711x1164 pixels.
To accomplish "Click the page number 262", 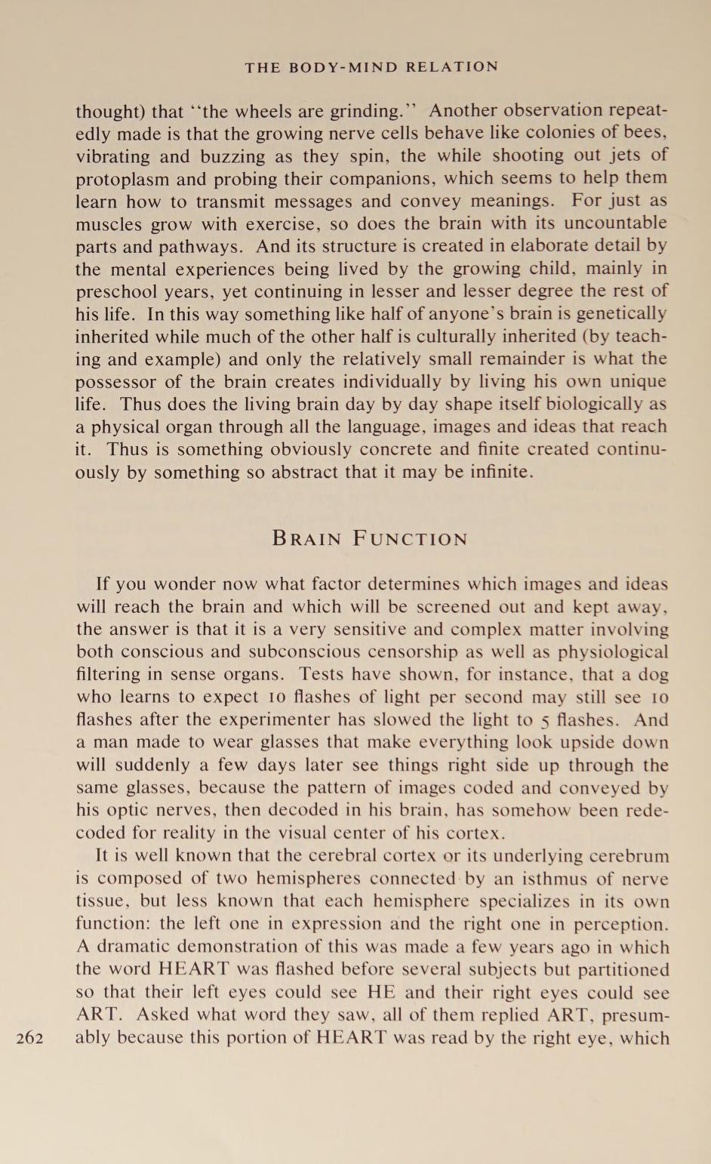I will [x=29, y=1037].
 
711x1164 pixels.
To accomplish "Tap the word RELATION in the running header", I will [x=452, y=66].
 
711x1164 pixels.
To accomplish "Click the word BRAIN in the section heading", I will [x=306, y=539].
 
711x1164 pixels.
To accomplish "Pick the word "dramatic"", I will [x=127, y=947].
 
